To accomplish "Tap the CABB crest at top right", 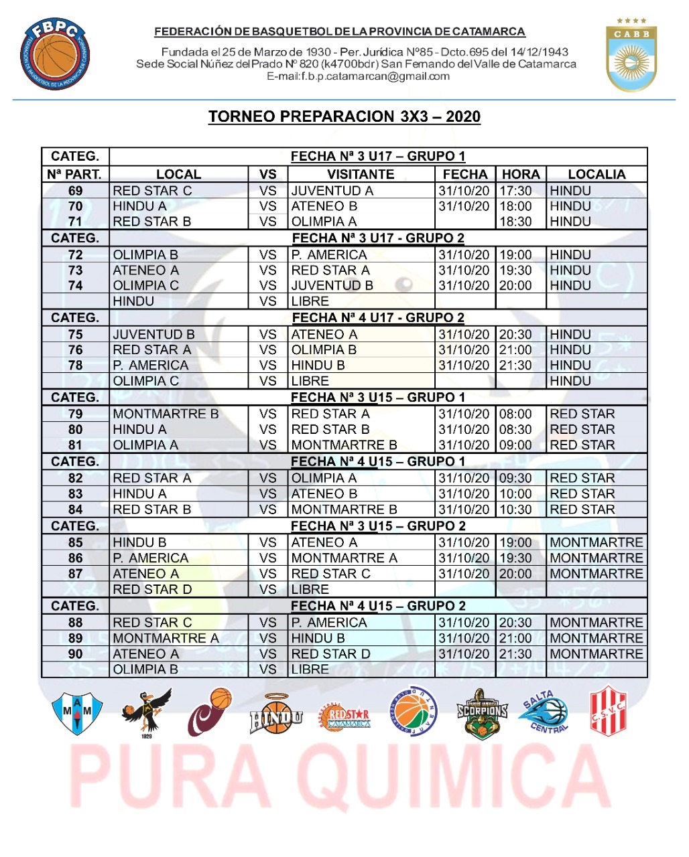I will tap(631, 55).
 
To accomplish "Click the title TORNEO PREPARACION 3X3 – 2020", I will tap(344, 116).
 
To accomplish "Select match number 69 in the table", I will tap(76, 191).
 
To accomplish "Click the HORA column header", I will tap(521, 174).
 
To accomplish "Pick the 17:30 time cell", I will tap(515, 191).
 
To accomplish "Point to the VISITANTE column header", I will tap(361, 174).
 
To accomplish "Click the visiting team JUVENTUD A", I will tap(332, 191).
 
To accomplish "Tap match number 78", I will tap(76, 366).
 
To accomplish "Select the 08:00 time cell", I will tap(515, 414).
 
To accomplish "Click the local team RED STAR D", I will tap(152, 590).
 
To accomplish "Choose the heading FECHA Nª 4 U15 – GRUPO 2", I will tap(378, 606).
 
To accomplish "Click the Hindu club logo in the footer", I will tap(276, 714).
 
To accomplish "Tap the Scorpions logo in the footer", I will tap(482, 714).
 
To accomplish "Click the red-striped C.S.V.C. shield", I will tap(608, 711).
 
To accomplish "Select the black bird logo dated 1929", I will tap(147, 712).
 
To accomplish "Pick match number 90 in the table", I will tap(76, 654).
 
